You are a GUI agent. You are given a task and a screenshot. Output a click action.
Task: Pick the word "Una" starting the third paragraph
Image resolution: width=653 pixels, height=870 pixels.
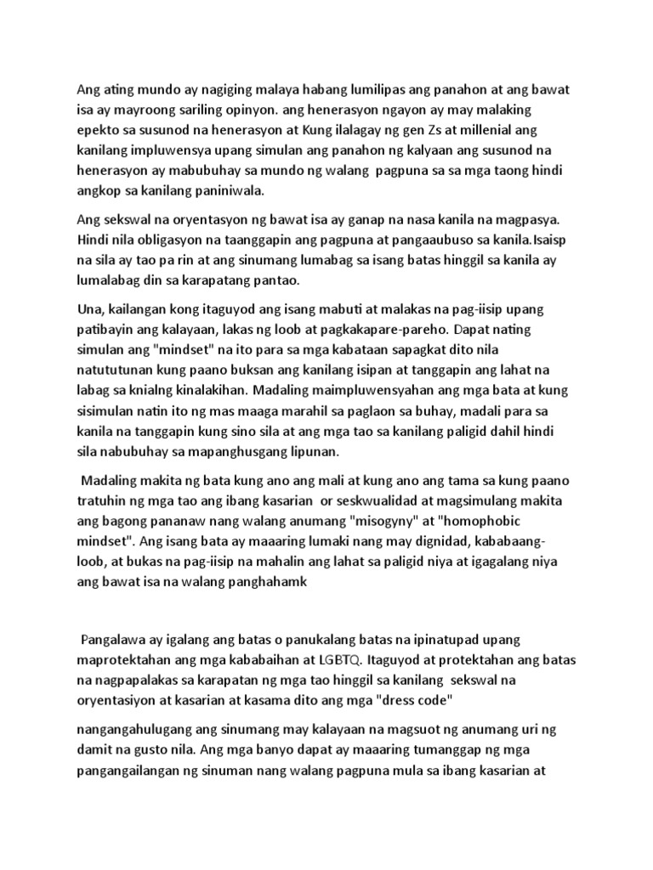(x=90, y=308)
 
